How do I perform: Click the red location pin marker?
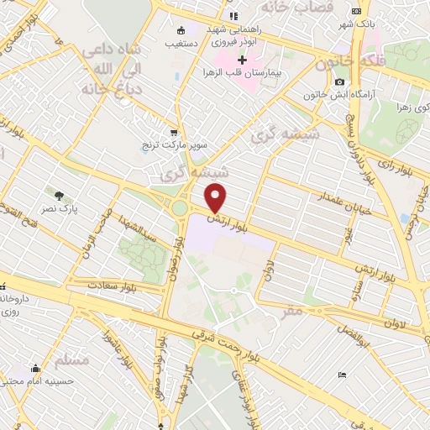coord(217,197)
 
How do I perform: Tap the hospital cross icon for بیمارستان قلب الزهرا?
coord(243,60)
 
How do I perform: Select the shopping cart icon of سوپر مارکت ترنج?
coord(174,133)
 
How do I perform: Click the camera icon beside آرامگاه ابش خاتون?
coord(339,81)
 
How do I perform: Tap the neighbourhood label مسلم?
coord(71,360)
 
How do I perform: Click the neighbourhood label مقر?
coord(292,312)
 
